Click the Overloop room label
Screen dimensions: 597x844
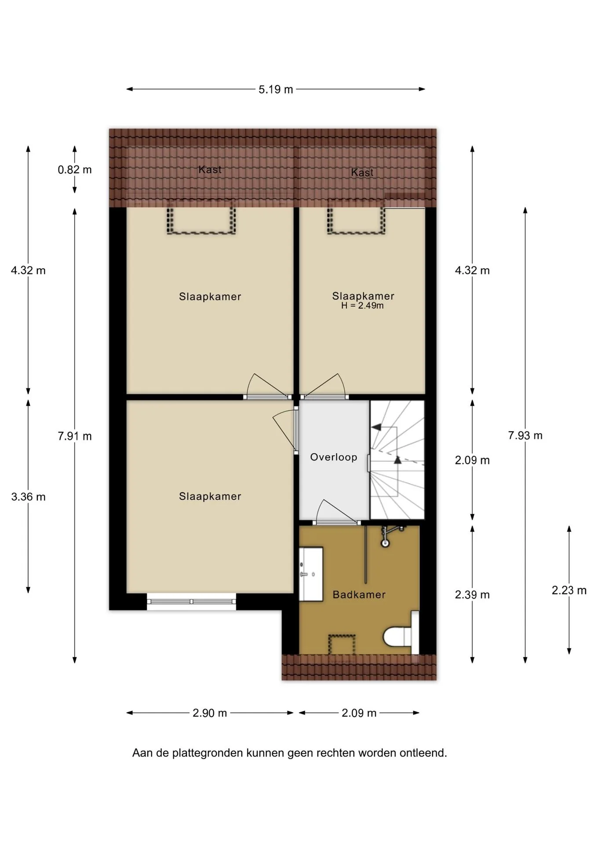pyautogui.click(x=333, y=457)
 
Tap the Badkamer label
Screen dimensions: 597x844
pyautogui.click(x=359, y=595)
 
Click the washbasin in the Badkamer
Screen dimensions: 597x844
pyautogui.click(x=311, y=574)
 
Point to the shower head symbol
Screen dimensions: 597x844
pyautogui.click(x=386, y=543)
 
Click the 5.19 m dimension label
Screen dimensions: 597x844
pyautogui.click(x=276, y=90)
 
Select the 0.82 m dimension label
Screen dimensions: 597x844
pyautogui.click(x=75, y=170)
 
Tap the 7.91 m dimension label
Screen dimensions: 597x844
pyautogui.click(x=75, y=436)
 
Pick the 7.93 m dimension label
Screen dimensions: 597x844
pyautogui.click(x=525, y=436)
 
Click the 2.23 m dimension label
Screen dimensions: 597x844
pyautogui.click(x=569, y=590)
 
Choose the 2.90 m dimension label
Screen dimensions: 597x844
pyautogui.click(x=210, y=713)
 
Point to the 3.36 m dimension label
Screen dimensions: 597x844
pyautogui.click(x=28, y=497)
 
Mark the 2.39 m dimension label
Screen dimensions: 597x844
pyautogui.click(x=472, y=595)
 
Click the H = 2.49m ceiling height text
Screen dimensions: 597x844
pyautogui.click(x=362, y=306)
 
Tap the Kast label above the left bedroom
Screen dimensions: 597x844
pyautogui.click(x=210, y=170)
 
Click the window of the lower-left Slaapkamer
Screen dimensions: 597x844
pyautogui.click(x=191, y=601)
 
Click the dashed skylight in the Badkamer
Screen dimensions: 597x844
pyautogui.click(x=342, y=644)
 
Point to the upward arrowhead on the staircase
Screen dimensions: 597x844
pyautogui.click(x=397, y=460)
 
